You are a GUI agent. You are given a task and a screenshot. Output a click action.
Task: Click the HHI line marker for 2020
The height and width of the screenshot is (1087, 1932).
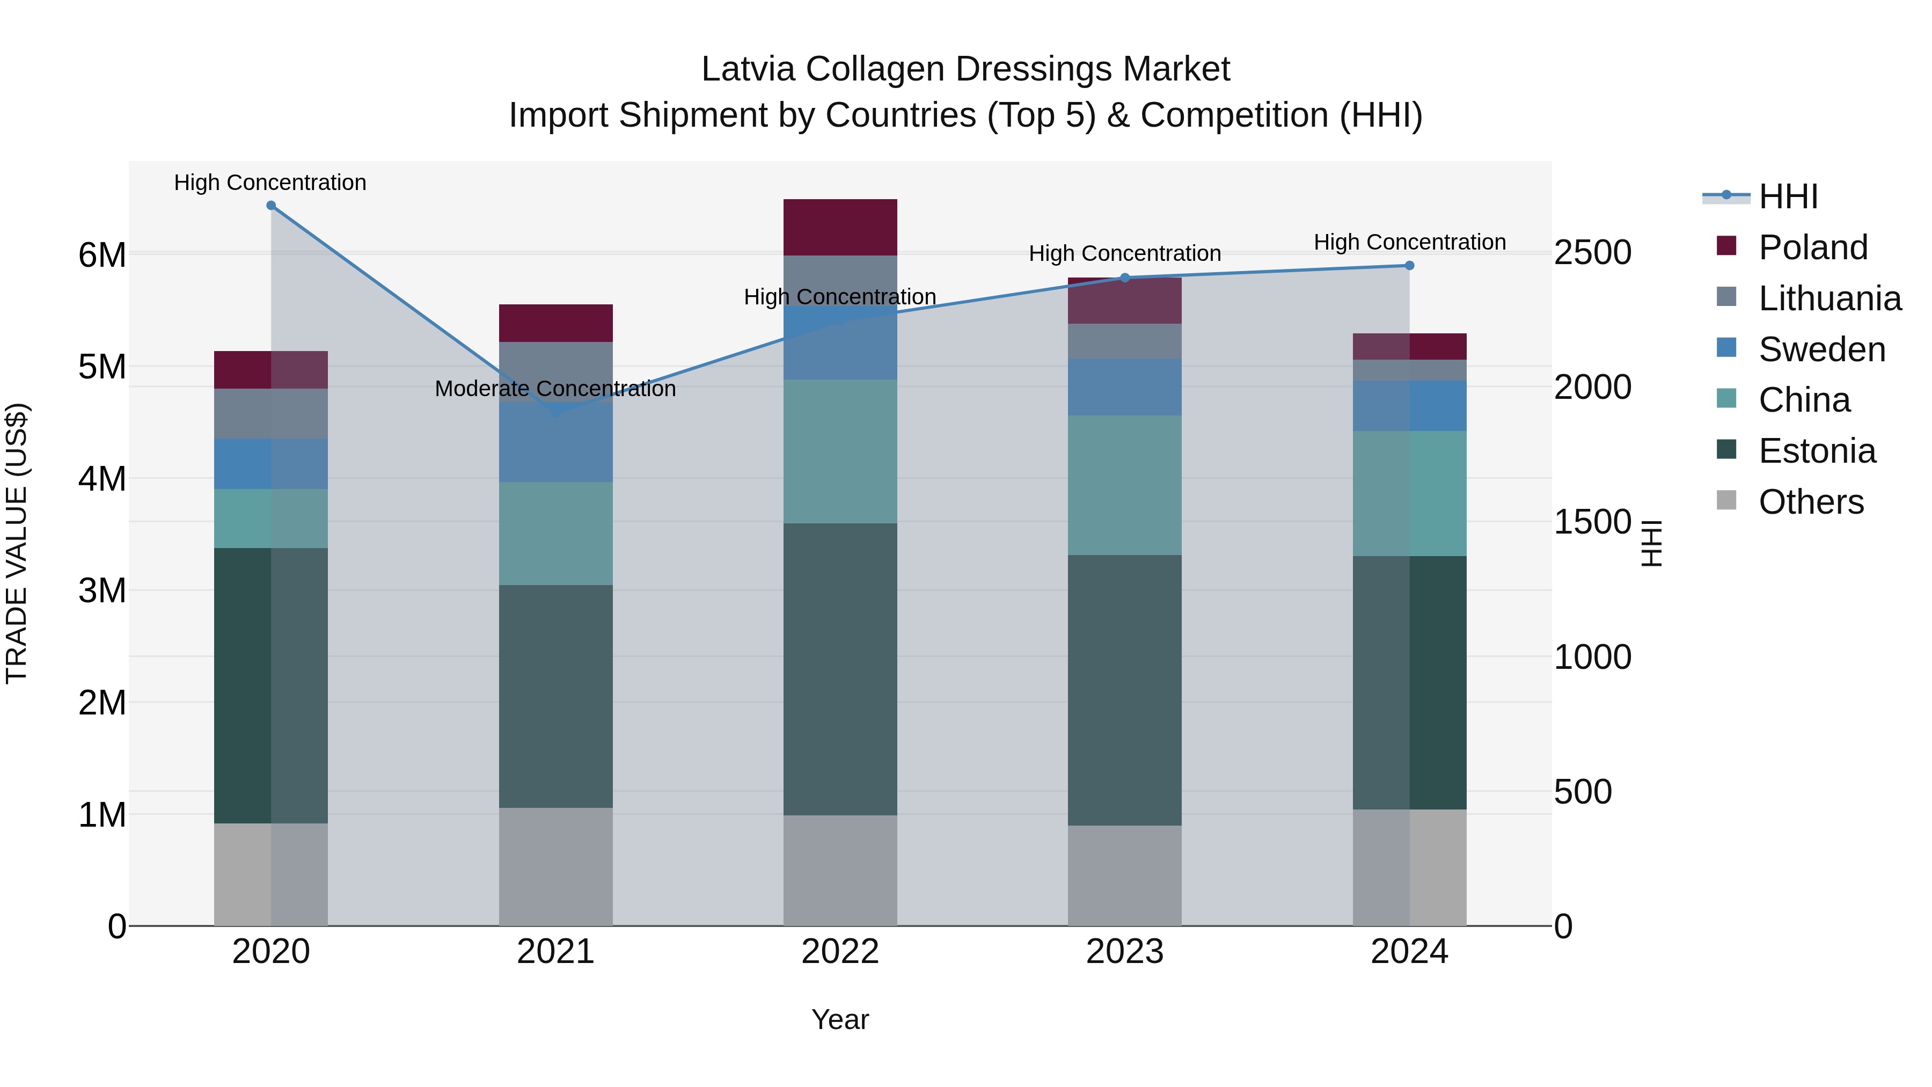point(271,206)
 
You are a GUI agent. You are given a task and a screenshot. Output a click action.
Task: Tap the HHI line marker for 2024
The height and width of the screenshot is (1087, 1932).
point(1409,266)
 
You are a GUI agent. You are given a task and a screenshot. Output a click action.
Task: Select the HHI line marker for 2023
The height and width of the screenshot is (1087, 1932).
point(1124,278)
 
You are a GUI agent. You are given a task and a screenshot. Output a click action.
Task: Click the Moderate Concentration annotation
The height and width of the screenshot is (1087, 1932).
point(555,389)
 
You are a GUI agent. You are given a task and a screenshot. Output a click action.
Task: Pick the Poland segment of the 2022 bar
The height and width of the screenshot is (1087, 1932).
point(840,227)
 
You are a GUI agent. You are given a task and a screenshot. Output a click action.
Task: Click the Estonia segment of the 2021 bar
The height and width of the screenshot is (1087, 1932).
point(556,696)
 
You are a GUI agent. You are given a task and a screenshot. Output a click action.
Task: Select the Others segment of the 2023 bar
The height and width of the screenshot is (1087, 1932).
point(1124,876)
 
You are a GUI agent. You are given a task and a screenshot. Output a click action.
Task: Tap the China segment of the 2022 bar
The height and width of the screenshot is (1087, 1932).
point(840,451)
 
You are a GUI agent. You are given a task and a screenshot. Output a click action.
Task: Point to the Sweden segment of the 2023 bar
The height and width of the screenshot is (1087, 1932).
point(1124,387)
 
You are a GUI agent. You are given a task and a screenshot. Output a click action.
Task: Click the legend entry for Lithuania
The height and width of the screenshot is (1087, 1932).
point(1829,298)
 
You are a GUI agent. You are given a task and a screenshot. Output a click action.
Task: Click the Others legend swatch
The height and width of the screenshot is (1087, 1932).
point(1726,500)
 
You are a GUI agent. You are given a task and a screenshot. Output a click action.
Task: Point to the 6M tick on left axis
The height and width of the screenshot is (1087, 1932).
point(102,255)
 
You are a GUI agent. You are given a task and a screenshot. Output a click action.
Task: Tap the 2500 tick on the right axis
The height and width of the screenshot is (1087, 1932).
point(1592,253)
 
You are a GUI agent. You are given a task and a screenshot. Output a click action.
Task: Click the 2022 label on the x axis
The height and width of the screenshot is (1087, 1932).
point(840,952)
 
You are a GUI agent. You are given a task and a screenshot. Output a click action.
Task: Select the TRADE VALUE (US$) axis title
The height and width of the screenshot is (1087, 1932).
point(17,544)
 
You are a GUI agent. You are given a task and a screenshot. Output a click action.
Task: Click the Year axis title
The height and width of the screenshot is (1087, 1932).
point(840,1019)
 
